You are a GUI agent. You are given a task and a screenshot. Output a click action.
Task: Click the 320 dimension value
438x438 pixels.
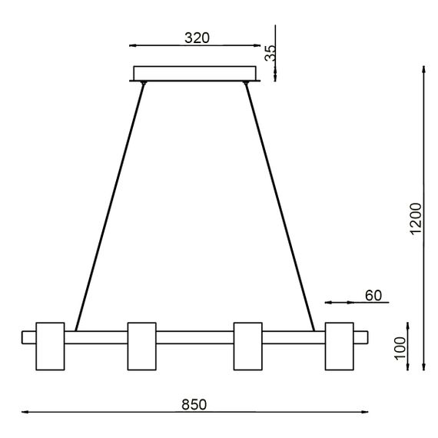click(197, 37)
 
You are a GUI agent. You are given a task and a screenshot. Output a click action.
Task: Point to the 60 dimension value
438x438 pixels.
click(373, 295)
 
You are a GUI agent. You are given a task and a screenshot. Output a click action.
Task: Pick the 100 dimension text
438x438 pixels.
click(399, 348)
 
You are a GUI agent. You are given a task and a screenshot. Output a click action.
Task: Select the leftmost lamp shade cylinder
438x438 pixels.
click(51, 345)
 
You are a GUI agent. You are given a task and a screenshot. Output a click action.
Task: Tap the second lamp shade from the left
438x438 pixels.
click(141, 345)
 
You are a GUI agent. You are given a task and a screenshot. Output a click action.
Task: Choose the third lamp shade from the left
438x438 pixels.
click(247, 345)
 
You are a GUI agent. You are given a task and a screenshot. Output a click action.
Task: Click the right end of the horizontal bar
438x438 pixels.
click(363, 337)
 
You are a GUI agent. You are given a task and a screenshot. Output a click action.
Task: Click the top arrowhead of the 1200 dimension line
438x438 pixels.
click(425, 71)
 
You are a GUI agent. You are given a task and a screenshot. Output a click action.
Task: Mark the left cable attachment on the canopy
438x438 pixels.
click(144, 82)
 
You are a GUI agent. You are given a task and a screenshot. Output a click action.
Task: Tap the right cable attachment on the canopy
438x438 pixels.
click(246, 82)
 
